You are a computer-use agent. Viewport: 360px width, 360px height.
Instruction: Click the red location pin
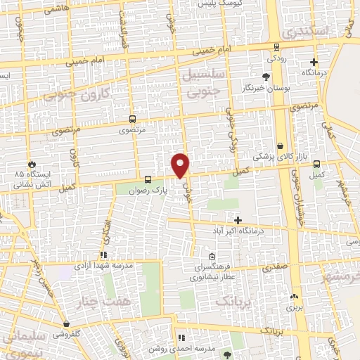click(x=181, y=165)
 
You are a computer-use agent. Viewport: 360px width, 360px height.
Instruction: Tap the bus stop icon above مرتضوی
click(x=133, y=119)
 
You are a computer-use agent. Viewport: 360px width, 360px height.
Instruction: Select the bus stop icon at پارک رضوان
click(x=148, y=179)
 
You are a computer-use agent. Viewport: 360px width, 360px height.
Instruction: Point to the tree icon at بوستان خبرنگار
click(x=266, y=77)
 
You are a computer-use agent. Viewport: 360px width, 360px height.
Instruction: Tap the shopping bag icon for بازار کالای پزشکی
click(x=281, y=146)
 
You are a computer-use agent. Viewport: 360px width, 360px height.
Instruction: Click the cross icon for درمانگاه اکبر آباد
click(x=238, y=220)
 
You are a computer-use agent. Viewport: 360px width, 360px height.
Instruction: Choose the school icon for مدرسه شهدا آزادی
click(x=103, y=255)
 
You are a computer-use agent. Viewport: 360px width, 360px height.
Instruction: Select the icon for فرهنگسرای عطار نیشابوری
click(x=212, y=256)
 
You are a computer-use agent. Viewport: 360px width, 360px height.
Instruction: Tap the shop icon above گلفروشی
click(x=67, y=325)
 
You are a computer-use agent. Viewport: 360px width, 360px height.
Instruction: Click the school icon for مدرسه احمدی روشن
click(x=181, y=338)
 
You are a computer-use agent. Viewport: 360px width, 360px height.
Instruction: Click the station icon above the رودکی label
click(x=277, y=48)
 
